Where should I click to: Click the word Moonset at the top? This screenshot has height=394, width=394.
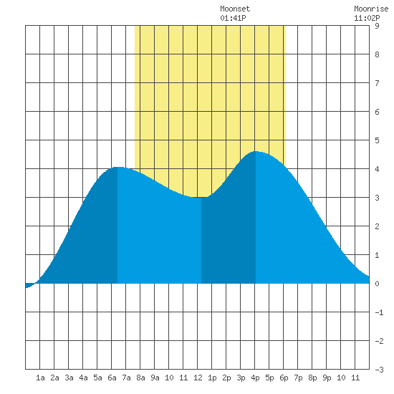[x=235, y=9]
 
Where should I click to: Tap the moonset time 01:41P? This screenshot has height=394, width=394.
[x=233, y=18]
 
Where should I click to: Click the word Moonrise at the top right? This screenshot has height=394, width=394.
[x=371, y=9]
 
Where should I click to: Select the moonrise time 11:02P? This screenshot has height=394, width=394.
[x=367, y=18]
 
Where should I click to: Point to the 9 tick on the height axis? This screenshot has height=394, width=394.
[x=377, y=26]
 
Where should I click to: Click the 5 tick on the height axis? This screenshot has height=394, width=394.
[x=377, y=140]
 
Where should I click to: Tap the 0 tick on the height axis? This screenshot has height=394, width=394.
[x=377, y=284]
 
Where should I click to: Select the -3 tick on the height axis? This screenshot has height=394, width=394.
[x=379, y=370]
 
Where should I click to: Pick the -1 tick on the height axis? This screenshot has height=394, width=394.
[x=379, y=312]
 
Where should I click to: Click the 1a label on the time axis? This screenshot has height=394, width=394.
[x=40, y=378]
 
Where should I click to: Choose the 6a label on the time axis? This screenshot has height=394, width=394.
[x=112, y=378]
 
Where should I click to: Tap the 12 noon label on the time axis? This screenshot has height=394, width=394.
[x=198, y=378]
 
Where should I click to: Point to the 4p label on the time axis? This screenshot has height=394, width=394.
[x=255, y=378]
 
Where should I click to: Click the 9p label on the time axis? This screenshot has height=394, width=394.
[x=327, y=378]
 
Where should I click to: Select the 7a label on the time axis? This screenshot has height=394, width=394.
[x=126, y=378]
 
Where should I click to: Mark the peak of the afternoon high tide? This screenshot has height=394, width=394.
[x=256, y=151]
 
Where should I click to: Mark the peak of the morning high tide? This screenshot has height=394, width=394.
[x=117, y=167]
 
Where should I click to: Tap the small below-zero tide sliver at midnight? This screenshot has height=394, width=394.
[x=29, y=285]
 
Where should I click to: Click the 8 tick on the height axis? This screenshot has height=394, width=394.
[x=377, y=54]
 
